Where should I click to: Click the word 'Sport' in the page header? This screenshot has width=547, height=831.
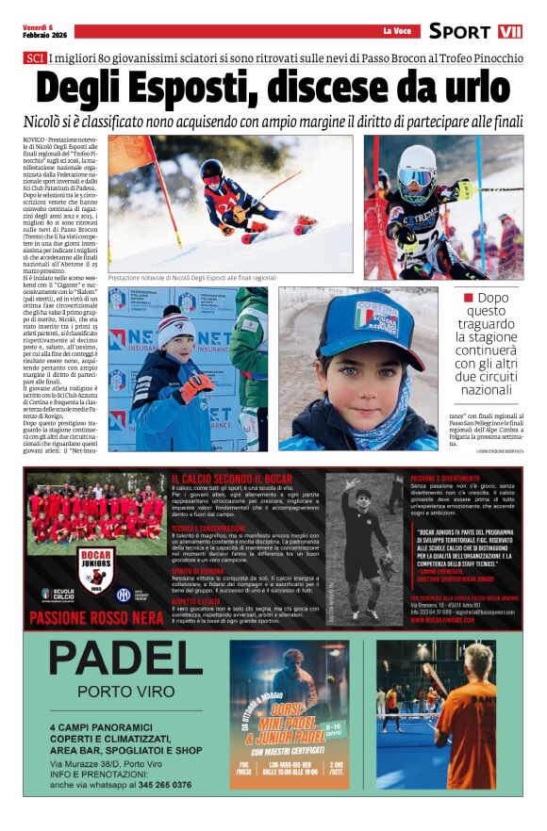point(459,31)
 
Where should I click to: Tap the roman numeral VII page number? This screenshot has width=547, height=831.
point(509,31)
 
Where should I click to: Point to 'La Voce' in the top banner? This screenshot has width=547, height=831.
point(397,31)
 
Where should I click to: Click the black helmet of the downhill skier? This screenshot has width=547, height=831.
point(211,171)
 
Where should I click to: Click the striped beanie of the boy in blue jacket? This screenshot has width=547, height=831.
point(176,326)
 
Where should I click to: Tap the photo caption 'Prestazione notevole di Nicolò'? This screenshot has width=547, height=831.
point(192,278)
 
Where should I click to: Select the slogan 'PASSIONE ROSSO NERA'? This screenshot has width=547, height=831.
point(96,619)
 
